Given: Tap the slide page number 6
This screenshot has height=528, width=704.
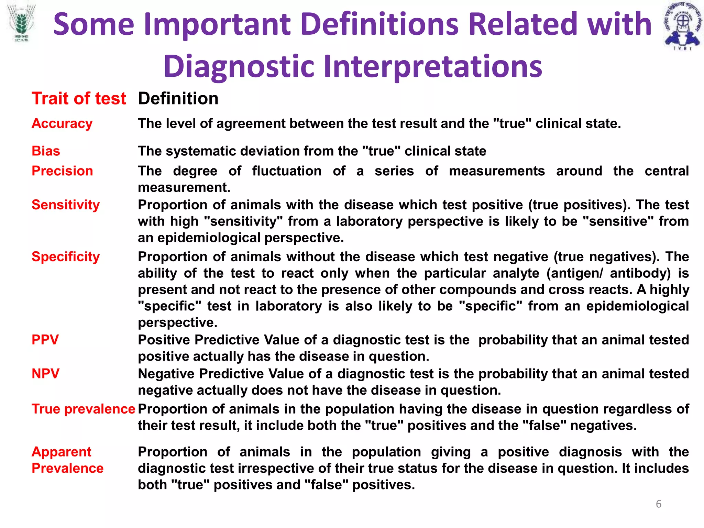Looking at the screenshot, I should pyautogui.click(x=658, y=504).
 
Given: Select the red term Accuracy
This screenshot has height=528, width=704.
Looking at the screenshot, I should pyautogui.click(x=62, y=123).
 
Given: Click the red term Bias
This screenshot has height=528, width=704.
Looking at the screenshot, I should pyautogui.click(x=46, y=151).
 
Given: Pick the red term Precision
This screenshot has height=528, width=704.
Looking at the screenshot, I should pyautogui.click(x=62, y=171).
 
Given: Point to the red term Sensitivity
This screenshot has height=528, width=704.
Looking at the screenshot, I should pyautogui.click(x=66, y=205).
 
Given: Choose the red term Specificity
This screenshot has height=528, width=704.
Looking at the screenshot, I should pyautogui.click(x=66, y=257).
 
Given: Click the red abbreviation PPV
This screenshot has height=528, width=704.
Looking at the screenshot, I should pyautogui.click(x=45, y=340).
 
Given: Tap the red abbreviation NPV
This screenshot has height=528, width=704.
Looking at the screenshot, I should pyautogui.click(x=45, y=374).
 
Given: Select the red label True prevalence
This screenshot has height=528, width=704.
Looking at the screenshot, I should pyautogui.click(x=83, y=409).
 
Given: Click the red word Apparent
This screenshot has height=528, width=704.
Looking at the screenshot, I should pyautogui.click(x=61, y=452).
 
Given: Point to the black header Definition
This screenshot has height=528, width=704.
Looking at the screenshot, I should pyautogui.click(x=178, y=99).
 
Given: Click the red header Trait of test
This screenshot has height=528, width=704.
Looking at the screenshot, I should pyautogui.click(x=79, y=99).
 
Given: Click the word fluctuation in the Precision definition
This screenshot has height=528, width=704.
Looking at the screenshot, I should pyautogui.click(x=287, y=171).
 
